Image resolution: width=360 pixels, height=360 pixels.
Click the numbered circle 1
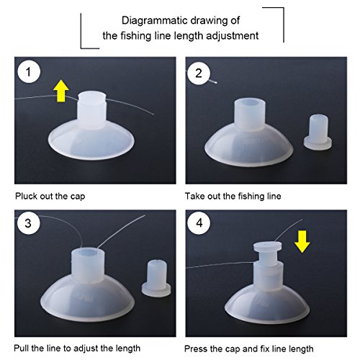(29, 72)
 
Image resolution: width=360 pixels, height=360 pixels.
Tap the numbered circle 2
(199, 73)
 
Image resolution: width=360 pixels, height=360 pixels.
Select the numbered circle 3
(28, 223)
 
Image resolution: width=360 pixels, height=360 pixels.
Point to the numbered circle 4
(199, 223)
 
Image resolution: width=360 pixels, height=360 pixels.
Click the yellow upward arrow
(61, 91)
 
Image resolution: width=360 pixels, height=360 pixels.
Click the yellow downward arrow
(302, 241)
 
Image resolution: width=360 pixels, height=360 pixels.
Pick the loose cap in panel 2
(318, 132)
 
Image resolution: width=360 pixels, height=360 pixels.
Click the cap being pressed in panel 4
(268, 253)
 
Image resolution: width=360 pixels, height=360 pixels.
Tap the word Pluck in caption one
(26, 196)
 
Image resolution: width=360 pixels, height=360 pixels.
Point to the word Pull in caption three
(21, 348)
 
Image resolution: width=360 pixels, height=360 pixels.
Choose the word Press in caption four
(196, 348)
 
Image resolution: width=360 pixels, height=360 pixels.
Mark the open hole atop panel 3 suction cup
(88, 253)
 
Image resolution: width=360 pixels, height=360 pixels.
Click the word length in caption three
(128, 348)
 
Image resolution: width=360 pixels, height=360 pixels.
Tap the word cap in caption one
(78, 197)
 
